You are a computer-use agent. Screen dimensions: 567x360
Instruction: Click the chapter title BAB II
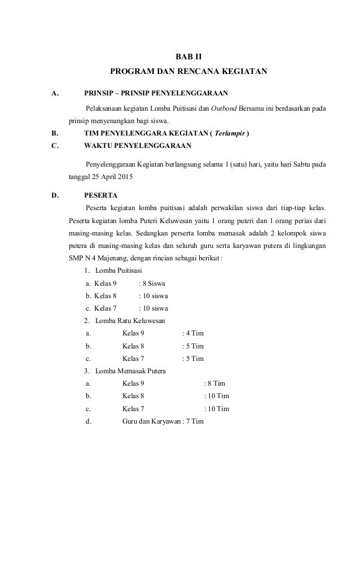pyautogui.click(x=188, y=57)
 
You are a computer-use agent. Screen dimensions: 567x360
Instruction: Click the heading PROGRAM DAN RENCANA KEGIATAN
pyautogui.click(x=188, y=72)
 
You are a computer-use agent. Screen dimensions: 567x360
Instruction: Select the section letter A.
pyautogui.click(x=55, y=93)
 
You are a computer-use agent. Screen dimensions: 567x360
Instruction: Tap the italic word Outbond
pyautogui.click(x=224, y=108)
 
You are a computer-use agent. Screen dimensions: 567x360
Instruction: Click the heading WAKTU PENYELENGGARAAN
pyautogui.click(x=137, y=147)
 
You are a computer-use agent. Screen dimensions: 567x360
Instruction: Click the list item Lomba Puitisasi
pyautogui.click(x=118, y=271)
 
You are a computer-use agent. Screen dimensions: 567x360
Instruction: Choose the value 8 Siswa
pyautogui.click(x=152, y=283)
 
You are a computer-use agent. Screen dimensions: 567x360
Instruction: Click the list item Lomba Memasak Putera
pyautogui.click(x=131, y=371)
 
